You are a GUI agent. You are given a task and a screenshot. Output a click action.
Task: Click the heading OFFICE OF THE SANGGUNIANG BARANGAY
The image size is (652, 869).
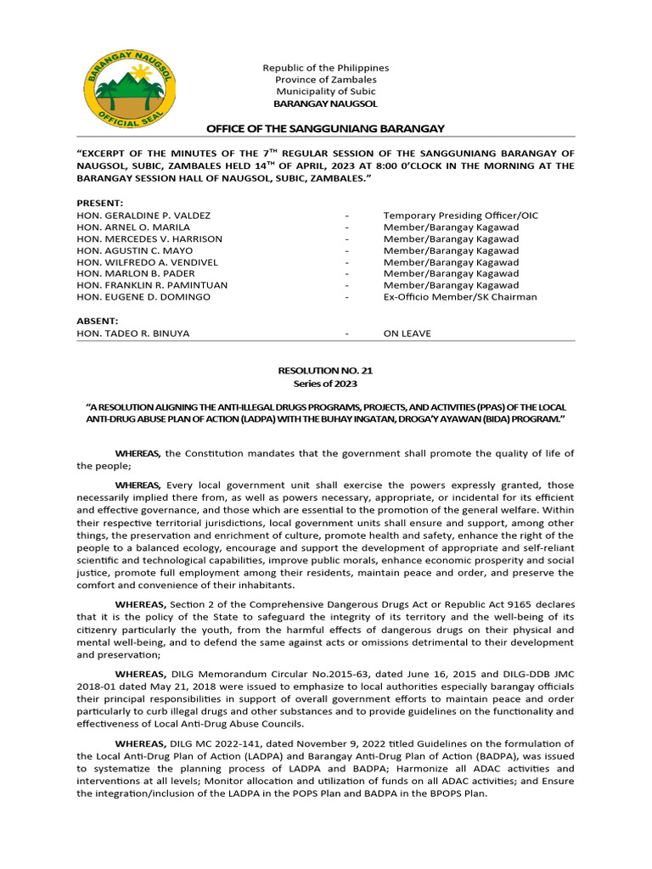click(326, 128)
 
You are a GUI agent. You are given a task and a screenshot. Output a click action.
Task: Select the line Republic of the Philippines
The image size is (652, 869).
click(326, 68)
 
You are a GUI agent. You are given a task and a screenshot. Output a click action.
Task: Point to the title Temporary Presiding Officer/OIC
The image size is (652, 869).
click(460, 216)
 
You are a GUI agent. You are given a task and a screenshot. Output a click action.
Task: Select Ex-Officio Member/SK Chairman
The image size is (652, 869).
click(459, 297)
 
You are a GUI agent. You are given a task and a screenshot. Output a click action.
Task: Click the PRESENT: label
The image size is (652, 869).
click(100, 204)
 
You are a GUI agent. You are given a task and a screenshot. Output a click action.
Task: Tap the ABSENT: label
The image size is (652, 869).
click(98, 322)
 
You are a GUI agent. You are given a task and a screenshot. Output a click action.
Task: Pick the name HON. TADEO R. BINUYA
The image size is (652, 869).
click(133, 334)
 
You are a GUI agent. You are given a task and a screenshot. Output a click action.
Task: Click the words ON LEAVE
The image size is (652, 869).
click(407, 334)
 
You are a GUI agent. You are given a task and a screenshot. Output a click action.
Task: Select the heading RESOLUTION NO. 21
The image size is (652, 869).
click(326, 371)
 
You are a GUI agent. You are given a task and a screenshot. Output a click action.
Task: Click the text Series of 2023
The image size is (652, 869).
click(326, 383)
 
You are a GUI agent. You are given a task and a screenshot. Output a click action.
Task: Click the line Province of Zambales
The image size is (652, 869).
click(326, 80)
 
